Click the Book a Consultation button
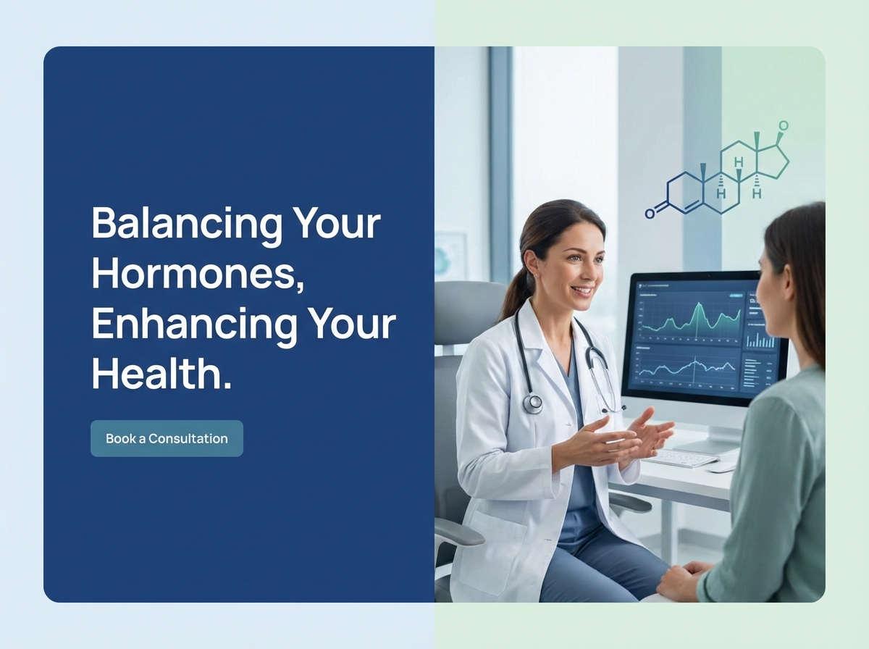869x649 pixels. [x=167, y=438]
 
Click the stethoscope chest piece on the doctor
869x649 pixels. [x=533, y=403]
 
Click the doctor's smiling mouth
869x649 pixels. [x=581, y=290]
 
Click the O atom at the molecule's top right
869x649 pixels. [x=783, y=126]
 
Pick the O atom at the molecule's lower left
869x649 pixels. [x=650, y=214]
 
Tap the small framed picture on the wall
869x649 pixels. [x=450, y=255]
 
